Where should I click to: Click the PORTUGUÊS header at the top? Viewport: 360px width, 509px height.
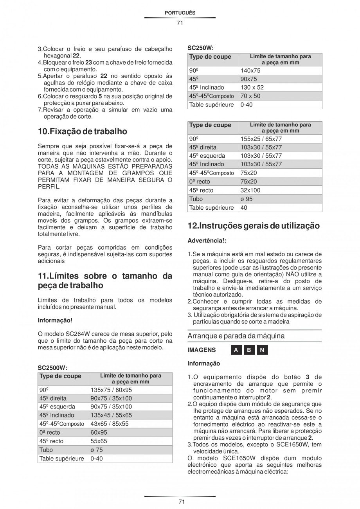point(180,13)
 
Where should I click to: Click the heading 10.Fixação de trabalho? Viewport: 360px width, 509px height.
point(83,131)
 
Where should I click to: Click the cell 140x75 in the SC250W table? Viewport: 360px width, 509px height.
point(250,70)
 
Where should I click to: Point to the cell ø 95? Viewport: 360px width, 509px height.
point(247,199)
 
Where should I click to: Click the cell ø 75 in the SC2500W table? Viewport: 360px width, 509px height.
point(97,450)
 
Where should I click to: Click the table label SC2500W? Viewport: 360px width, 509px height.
point(52,368)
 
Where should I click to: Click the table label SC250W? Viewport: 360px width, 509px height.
point(201,48)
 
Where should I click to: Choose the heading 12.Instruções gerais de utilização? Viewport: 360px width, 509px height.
point(254,226)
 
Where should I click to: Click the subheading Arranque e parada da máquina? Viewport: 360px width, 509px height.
point(236,336)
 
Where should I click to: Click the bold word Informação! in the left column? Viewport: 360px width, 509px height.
point(55,320)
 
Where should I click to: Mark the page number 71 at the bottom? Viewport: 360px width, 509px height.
point(180,502)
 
